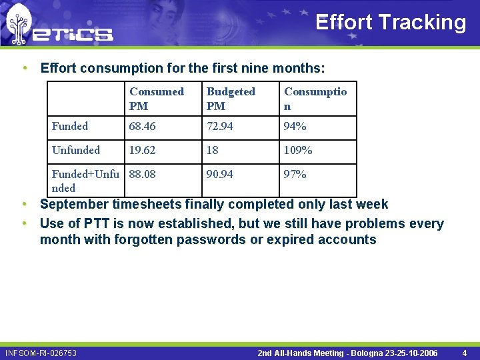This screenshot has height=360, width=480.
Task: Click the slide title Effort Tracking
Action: click(390, 22)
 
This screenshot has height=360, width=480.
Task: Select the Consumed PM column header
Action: click(157, 99)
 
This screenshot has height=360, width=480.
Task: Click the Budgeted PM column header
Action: click(231, 99)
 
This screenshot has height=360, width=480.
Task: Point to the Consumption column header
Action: click(315, 99)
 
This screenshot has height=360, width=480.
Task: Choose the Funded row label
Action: click(70, 126)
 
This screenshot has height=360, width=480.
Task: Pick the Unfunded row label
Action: click(76, 150)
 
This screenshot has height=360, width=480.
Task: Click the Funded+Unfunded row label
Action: click(85, 181)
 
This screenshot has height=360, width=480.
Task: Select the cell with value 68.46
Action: click(143, 126)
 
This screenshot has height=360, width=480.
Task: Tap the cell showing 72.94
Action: click(220, 126)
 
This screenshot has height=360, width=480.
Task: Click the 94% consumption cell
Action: click(295, 126)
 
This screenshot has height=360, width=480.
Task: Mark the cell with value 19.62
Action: click(143, 150)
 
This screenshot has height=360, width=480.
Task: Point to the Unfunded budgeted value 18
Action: click(213, 150)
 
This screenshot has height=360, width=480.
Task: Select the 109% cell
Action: click(298, 150)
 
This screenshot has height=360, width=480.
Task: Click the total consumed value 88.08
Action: click(143, 174)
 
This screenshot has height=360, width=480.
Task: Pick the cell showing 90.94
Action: click(220, 174)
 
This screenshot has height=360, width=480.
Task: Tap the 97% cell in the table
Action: click(295, 174)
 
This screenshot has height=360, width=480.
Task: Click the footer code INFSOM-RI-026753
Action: click(41, 353)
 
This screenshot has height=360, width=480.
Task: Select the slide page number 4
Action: click(465, 353)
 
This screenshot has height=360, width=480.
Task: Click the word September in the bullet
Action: click(75, 204)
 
